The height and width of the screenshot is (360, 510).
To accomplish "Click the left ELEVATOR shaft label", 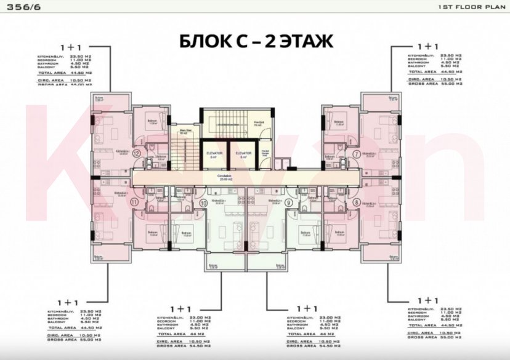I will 214,153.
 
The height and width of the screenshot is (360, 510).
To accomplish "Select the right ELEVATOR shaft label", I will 243,153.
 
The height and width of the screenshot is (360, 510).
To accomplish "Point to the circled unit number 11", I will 135,201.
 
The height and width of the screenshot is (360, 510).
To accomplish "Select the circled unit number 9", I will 289,202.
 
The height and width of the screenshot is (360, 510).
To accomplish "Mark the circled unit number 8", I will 357,201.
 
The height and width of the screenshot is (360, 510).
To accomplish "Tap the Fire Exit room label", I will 260,123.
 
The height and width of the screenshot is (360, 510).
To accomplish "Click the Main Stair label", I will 182,130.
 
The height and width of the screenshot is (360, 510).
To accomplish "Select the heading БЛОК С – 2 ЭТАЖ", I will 256,41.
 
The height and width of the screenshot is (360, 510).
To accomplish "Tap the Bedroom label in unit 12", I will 152,122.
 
